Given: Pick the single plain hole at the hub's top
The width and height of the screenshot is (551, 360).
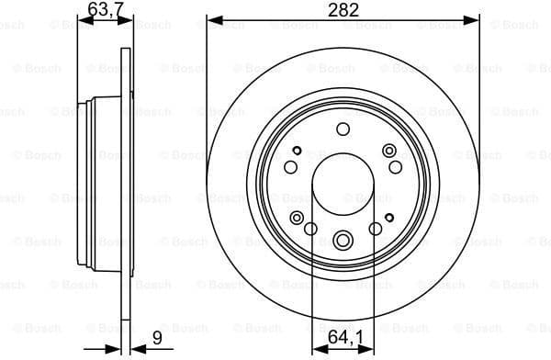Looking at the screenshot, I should pos(343,129).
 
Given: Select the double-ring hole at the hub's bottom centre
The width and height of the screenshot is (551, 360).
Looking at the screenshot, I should pos(343,241).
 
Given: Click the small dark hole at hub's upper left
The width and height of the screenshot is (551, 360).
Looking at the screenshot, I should pos(296,151).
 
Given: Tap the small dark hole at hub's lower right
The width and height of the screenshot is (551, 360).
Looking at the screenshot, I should pos(389,217).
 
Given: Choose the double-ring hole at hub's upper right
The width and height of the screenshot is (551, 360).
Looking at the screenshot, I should pos(389,151).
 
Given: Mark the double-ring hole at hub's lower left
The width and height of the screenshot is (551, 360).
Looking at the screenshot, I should pos(296,217).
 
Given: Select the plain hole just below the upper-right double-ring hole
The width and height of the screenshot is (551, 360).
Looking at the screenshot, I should pos(395,166).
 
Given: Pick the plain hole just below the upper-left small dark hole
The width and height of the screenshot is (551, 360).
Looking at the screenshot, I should pos(290,166).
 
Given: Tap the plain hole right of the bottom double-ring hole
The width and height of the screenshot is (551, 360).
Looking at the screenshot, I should pos(375,230).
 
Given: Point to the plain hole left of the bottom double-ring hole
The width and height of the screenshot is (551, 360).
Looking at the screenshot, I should pos(310,230).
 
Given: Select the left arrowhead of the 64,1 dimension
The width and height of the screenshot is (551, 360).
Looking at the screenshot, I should pos(316,347).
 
